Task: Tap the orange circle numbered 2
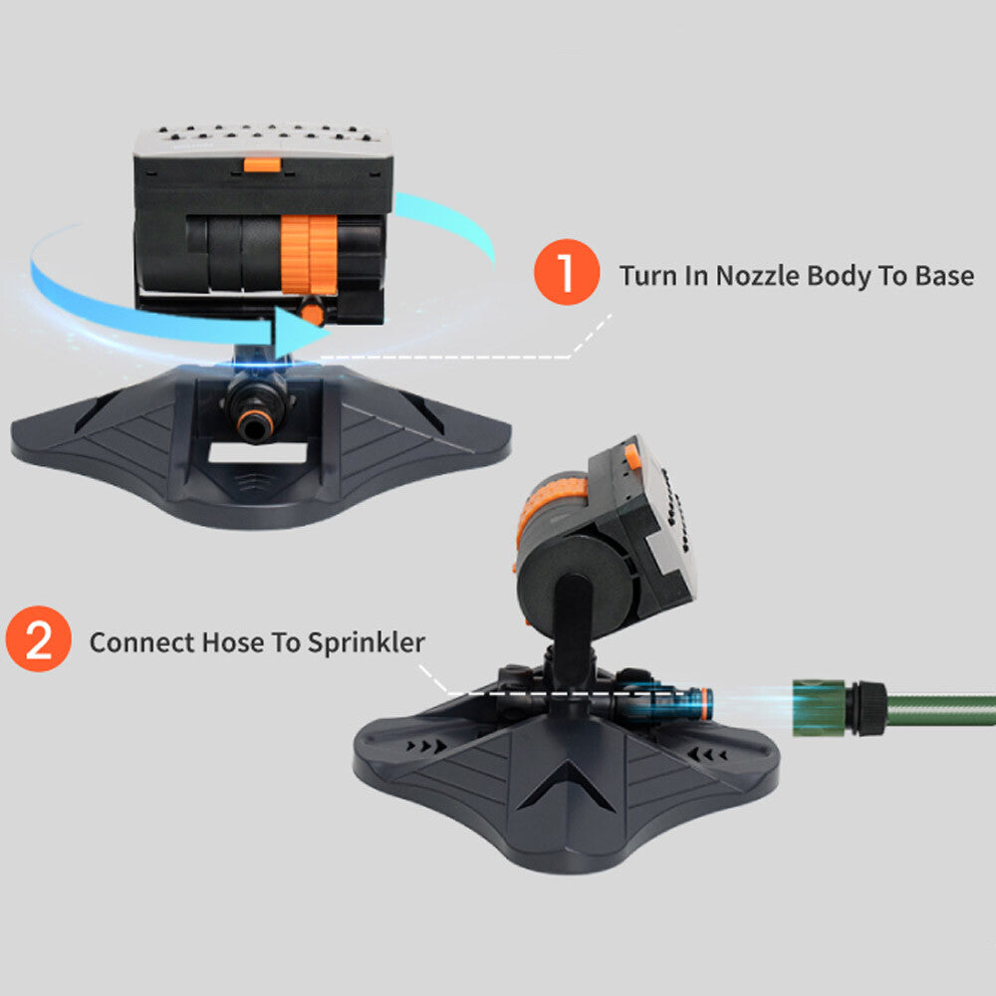coord(38,640)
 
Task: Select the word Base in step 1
coord(939,275)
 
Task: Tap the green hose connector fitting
coord(821,704)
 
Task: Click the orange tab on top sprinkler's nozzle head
coord(261,161)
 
